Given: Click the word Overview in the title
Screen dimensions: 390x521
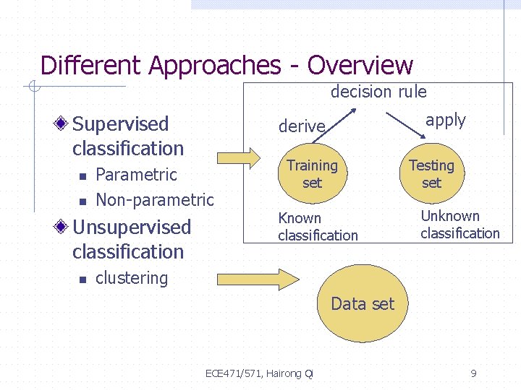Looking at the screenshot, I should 360,66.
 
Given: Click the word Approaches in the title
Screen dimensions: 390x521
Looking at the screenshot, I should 214,66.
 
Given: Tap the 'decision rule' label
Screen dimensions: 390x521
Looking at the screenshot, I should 378,92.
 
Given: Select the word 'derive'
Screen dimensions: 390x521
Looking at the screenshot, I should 302,126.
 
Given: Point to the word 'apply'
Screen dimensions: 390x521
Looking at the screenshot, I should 446,120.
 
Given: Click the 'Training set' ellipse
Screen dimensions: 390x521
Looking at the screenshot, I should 312,174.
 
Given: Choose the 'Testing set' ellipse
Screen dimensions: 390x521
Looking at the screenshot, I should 431,174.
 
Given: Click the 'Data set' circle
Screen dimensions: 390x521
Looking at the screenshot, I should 363,304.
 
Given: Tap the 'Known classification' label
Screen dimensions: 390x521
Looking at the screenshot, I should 318,226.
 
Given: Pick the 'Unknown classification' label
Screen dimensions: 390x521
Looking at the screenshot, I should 459,224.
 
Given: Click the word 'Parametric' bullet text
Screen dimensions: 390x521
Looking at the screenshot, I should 136,175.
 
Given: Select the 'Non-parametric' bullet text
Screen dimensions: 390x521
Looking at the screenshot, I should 154,200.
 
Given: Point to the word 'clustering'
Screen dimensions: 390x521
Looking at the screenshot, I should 132,278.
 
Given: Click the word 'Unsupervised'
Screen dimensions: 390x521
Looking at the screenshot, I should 132,227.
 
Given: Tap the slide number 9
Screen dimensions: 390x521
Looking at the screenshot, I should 473,373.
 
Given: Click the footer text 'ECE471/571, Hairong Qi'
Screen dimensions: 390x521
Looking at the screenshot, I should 259,373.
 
